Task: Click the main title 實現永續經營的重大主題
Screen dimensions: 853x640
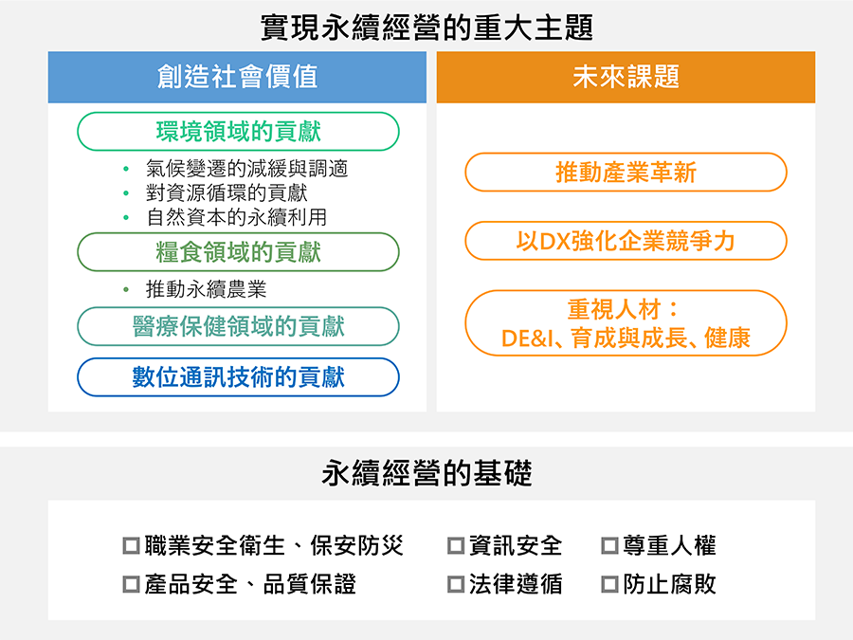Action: coord(426,27)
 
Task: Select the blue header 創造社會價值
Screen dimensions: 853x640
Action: coord(237,78)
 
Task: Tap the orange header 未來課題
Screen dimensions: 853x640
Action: coord(626,78)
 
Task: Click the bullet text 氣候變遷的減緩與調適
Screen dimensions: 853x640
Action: coord(247,169)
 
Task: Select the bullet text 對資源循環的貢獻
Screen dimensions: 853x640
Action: coord(227,192)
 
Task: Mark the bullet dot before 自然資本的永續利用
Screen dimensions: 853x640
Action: coord(126,218)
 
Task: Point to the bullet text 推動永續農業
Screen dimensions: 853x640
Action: coord(207,289)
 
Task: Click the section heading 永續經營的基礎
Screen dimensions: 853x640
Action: coord(426,473)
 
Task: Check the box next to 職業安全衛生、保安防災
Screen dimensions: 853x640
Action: coord(131,546)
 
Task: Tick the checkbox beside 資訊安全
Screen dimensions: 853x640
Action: coord(456,546)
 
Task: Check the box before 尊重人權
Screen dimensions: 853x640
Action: coord(609,546)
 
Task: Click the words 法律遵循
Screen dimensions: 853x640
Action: coord(516,584)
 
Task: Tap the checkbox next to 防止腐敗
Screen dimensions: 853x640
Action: coord(609,585)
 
